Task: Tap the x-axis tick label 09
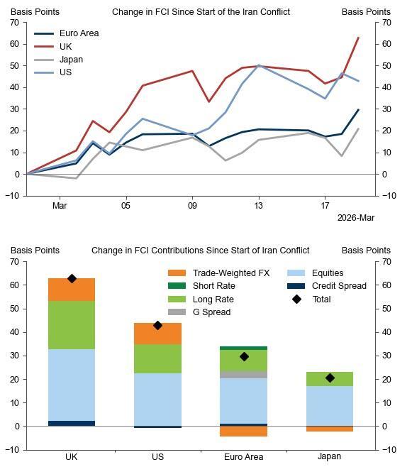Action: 192,206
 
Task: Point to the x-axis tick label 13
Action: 259,206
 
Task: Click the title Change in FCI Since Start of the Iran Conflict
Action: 201,12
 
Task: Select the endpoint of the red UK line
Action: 358,38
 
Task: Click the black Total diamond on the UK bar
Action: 72,279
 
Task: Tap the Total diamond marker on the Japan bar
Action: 330,378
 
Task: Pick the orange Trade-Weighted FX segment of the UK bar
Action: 72,290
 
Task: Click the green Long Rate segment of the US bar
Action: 157,358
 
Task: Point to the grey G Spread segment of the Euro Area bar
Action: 243,374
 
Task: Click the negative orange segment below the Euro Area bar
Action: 243,431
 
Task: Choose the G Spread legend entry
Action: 211,312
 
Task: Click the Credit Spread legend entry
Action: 339,286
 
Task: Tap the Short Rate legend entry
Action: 213,286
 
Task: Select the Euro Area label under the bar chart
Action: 243,457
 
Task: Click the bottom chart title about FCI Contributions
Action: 201,251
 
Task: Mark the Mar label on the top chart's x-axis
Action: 60,206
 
